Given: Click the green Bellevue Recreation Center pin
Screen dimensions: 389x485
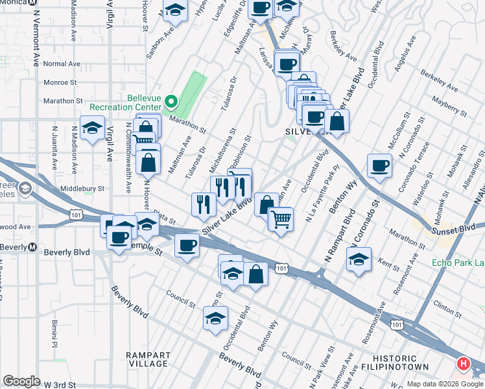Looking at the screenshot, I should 171,101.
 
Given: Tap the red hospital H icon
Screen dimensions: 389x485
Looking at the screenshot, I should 464,364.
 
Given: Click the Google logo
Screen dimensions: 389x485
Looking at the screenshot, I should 21,381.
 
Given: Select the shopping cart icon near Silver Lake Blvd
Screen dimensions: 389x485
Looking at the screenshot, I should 281,218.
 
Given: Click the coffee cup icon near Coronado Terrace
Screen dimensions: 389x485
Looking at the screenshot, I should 379,165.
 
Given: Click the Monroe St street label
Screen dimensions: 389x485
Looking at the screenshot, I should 60,83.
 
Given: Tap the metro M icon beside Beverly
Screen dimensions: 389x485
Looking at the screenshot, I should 32,247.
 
